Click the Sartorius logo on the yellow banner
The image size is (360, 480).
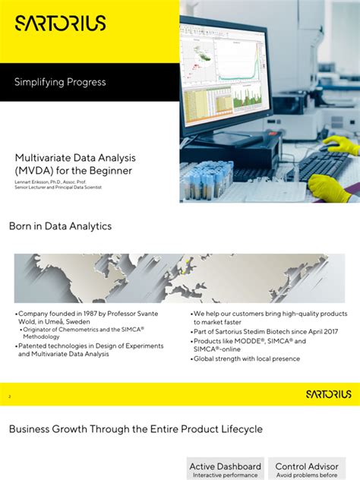click(x=60, y=24)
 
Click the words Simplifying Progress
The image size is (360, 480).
click(x=60, y=81)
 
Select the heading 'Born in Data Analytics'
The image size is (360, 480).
click(x=60, y=226)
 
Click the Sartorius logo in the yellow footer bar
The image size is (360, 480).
click(x=328, y=393)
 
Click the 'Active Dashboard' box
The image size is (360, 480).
click(x=225, y=469)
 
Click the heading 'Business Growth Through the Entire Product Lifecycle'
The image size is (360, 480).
click(x=136, y=429)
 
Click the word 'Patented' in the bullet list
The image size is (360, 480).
click(x=34, y=346)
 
